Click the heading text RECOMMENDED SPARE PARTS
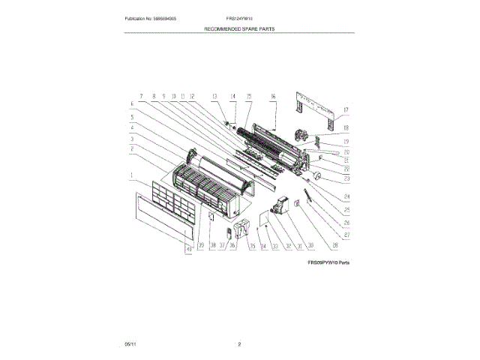click(239, 28)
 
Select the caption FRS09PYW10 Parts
click(328, 263)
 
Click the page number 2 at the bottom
click(239, 343)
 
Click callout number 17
click(346, 110)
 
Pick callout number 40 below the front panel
click(188, 251)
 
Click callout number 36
click(232, 245)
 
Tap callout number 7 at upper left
click(139, 96)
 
